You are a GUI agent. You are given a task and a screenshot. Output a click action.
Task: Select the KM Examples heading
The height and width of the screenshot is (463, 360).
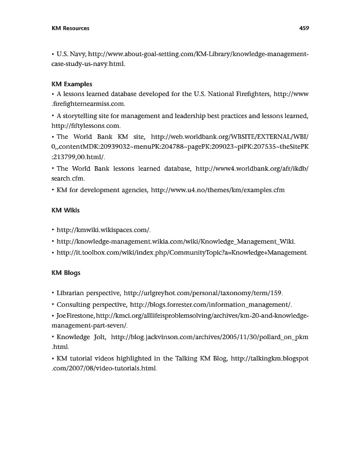point(72,84)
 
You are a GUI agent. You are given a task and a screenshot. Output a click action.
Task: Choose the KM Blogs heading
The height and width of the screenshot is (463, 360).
point(66,271)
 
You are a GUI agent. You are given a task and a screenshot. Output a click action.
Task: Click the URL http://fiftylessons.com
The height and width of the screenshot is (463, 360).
point(85,125)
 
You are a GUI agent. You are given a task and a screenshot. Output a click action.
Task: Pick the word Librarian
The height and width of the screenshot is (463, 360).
point(75,293)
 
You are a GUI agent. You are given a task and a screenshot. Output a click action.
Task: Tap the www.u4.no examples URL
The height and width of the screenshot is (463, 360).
point(218,190)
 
